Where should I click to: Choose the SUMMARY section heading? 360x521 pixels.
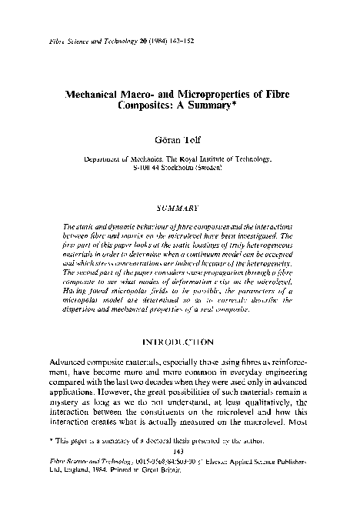178,208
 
